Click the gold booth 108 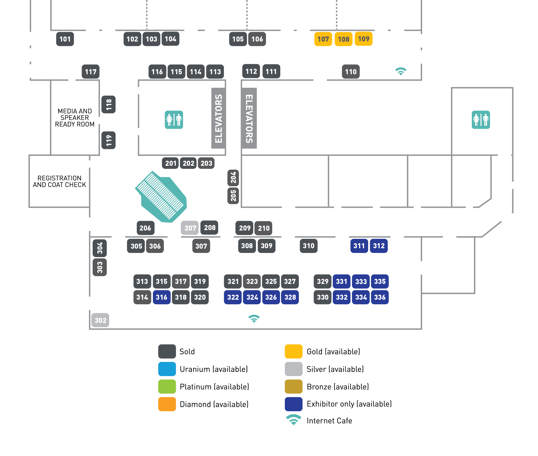(x=343, y=39)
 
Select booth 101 (x=65, y=39)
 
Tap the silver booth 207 (x=190, y=228)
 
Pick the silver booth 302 (x=100, y=320)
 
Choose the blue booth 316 (x=161, y=297)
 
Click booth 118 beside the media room (x=108, y=104)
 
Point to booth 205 (x=233, y=196)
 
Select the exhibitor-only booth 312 (x=378, y=246)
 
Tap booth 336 (x=380, y=297)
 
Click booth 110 (x=351, y=72)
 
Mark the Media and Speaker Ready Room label (x=75, y=118)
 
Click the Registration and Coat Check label (x=59, y=181)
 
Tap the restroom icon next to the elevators (x=174, y=120)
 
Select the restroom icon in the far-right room (x=481, y=120)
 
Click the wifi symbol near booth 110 (x=401, y=71)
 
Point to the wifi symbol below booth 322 (x=254, y=319)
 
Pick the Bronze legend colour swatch (x=293, y=386)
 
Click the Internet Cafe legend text (x=329, y=421)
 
